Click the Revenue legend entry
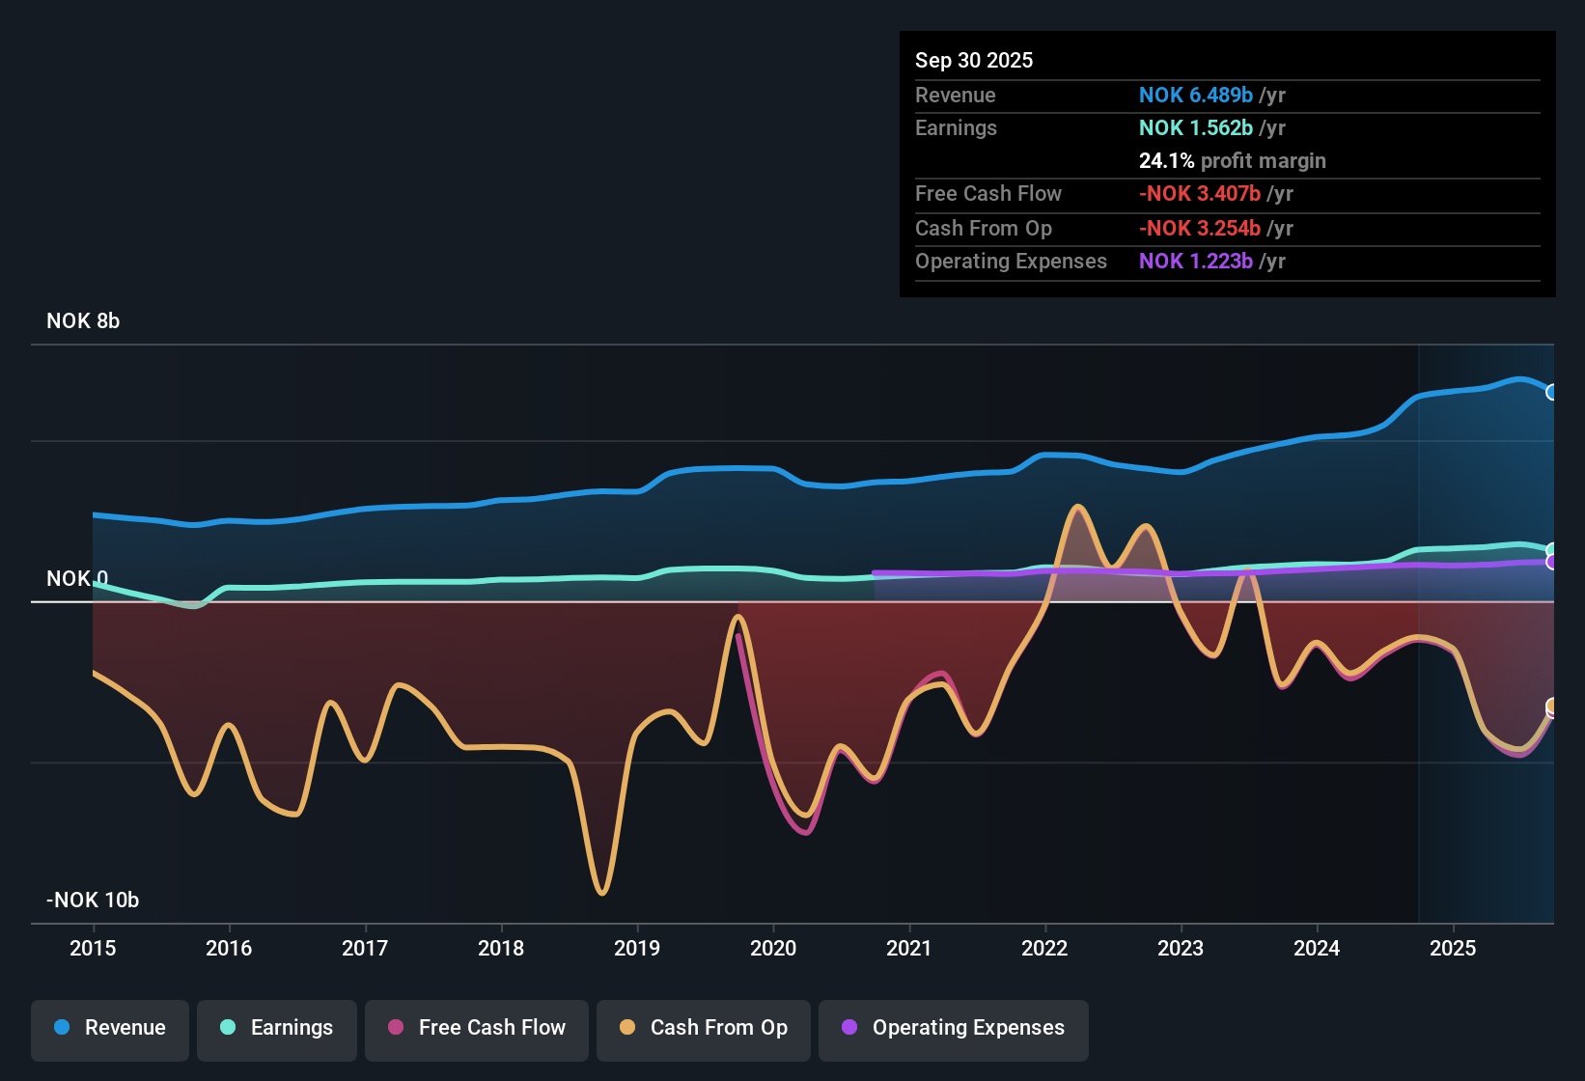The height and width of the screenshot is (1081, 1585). (110, 1028)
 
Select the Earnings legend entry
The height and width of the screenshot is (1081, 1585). (276, 1028)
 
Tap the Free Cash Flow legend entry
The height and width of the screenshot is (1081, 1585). (477, 1028)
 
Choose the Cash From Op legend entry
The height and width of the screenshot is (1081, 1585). (704, 1028)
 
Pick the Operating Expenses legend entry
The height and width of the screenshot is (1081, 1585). (954, 1028)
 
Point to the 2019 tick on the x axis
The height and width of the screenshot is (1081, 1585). (637, 948)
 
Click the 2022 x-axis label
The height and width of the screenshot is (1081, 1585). (1044, 948)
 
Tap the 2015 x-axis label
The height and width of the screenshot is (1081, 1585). (93, 948)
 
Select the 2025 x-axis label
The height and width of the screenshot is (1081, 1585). (1453, 948)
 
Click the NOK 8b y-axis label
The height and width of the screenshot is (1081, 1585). (83, 321)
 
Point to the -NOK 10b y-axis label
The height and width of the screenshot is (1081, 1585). (93, 901)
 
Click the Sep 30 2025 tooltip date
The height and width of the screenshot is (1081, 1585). (973, 61)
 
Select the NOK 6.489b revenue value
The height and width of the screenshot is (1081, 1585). (1195, 96)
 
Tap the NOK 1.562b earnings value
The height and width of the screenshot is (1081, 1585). (1195, 128)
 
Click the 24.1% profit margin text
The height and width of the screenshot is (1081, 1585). (1232, 161)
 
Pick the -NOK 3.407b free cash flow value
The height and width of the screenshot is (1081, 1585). (1199, 194)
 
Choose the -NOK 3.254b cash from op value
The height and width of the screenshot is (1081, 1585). (1199, 229)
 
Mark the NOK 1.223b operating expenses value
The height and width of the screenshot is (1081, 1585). (1195, 262)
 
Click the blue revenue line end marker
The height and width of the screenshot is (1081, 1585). (1552, 392)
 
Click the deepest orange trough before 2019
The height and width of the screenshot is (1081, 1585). (602, 893)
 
